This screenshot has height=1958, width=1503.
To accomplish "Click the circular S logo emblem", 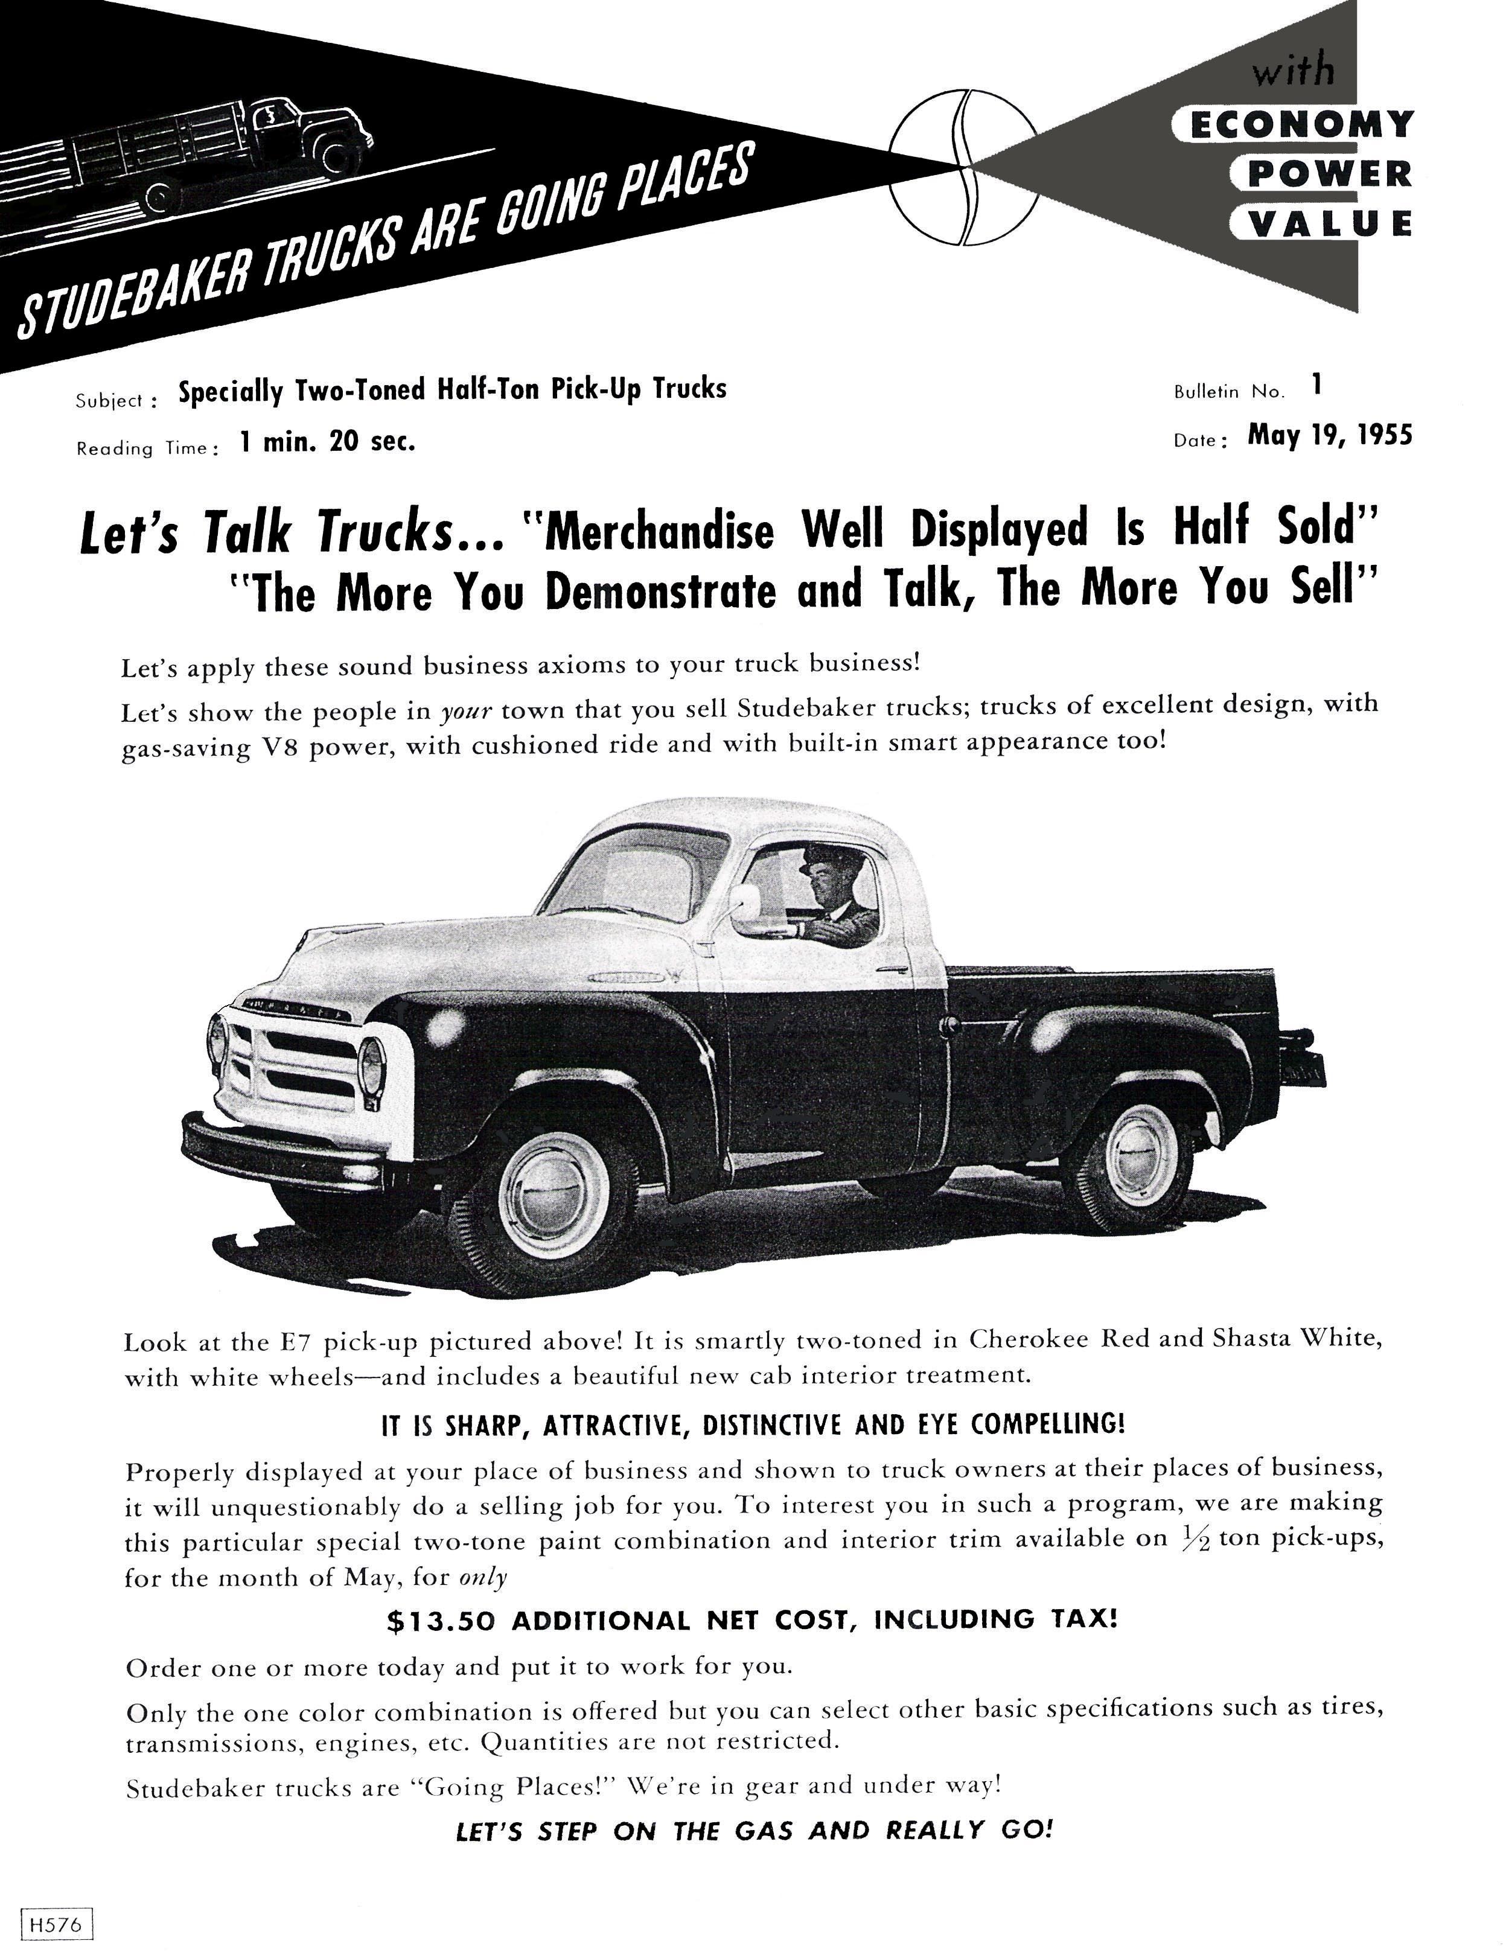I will pyautogui.click(x=963, y=167).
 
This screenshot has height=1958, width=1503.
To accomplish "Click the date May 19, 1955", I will pyautogui.click(x=1329, y=436).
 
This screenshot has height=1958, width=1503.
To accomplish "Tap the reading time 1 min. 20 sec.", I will pyautogui.click(x=327, y=442).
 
